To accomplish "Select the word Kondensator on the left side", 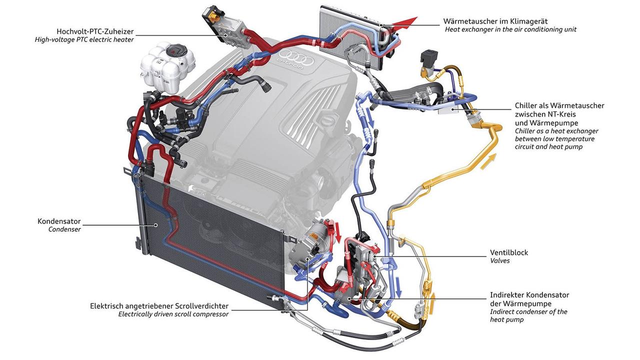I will click(59, 221).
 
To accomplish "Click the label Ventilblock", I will click(509, 252).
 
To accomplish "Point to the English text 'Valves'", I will click(500, 261).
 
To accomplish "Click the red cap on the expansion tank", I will click(174, 50).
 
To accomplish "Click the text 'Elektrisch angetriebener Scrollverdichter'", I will click(159, 305).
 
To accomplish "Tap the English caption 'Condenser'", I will click(64, 229).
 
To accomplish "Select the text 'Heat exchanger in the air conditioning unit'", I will click(510, 29).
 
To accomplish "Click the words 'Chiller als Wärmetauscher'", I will click(559, 105).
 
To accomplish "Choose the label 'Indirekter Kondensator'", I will click(529, 295).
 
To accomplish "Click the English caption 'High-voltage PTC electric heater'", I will click(84, 39).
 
